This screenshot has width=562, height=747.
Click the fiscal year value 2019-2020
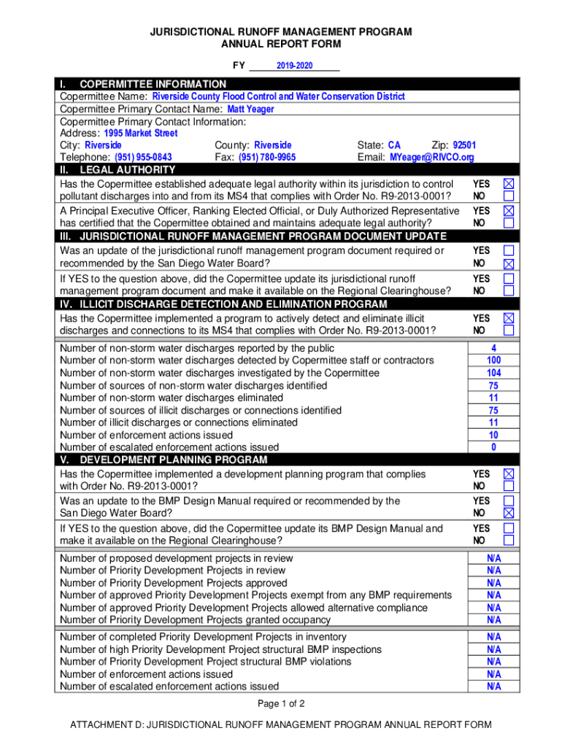[x=294, y=66]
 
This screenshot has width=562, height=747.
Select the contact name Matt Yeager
[x=251, y=109]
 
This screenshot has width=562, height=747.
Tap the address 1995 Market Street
[x=141, y=133]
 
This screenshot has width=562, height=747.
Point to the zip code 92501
[x=464, y=145]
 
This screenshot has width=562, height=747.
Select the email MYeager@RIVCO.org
[x=431, y=158]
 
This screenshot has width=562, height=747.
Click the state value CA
[x=394, y=145]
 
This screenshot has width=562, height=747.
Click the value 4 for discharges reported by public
[x=493, y=349]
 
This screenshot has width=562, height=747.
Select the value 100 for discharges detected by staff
[x=493, y=361]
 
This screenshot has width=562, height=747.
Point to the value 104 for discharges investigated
[x=493, y=373]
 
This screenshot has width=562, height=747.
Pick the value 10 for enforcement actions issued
[x=493, y=436]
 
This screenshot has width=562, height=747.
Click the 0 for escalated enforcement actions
[x=493, y=447]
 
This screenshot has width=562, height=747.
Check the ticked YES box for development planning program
[x=509, y=474]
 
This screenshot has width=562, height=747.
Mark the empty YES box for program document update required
[x=509, y=250]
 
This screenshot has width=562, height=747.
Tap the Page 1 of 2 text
[x=281, y=704]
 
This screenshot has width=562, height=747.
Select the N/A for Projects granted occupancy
[x=494, y=620]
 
